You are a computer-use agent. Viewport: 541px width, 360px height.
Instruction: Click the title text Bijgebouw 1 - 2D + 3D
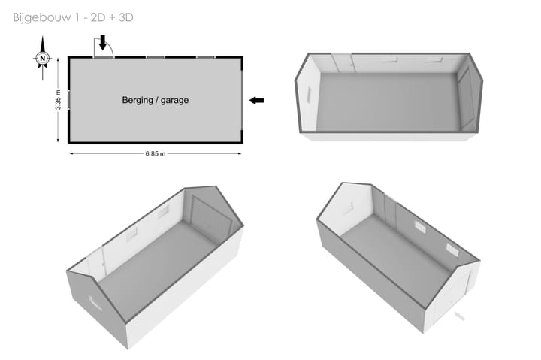point(73,17)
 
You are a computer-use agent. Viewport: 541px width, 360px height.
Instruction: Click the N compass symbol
point(42,58)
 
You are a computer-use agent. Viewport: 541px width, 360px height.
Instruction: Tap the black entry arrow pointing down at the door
point(102,42)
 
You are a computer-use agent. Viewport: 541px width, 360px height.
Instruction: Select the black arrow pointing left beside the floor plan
point(257,101)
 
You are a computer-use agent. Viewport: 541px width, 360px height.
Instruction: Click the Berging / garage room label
point(156,100)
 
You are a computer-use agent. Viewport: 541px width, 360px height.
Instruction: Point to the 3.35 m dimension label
point(58,100)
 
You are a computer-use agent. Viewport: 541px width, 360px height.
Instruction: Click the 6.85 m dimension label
point(156,153)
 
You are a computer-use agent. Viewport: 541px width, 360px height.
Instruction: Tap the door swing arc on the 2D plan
point(110,47)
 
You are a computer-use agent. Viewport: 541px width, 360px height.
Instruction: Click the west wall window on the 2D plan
point(68,100)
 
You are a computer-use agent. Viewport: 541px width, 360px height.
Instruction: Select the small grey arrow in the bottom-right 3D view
point(459,316)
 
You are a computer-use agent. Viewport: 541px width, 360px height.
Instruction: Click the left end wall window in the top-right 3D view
point(309,94)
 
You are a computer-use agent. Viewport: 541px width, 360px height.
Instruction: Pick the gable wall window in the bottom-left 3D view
point(95,303)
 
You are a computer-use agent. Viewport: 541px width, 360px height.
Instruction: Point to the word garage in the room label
point(174,101)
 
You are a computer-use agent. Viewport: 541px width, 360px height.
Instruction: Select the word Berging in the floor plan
point(138,100)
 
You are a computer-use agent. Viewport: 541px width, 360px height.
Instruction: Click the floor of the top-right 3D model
point(388,101)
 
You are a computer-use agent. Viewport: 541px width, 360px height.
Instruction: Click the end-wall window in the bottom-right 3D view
point(347,209)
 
